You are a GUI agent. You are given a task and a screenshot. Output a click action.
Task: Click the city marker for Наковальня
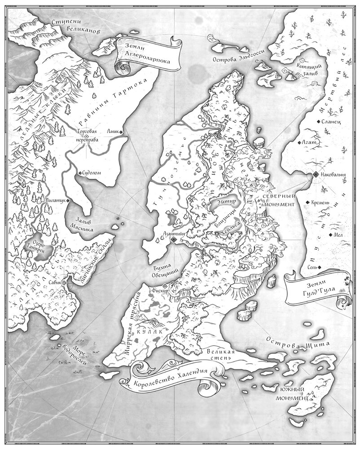(x=316, y=174)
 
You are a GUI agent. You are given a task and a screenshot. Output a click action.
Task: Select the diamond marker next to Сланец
(x=318, y=122)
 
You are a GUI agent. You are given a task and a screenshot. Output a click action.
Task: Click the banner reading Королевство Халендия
(x=171, y=377)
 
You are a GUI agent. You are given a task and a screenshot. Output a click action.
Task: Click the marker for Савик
(x=65, y=283)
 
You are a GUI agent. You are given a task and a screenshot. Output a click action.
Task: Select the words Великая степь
(x=220, y=355)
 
